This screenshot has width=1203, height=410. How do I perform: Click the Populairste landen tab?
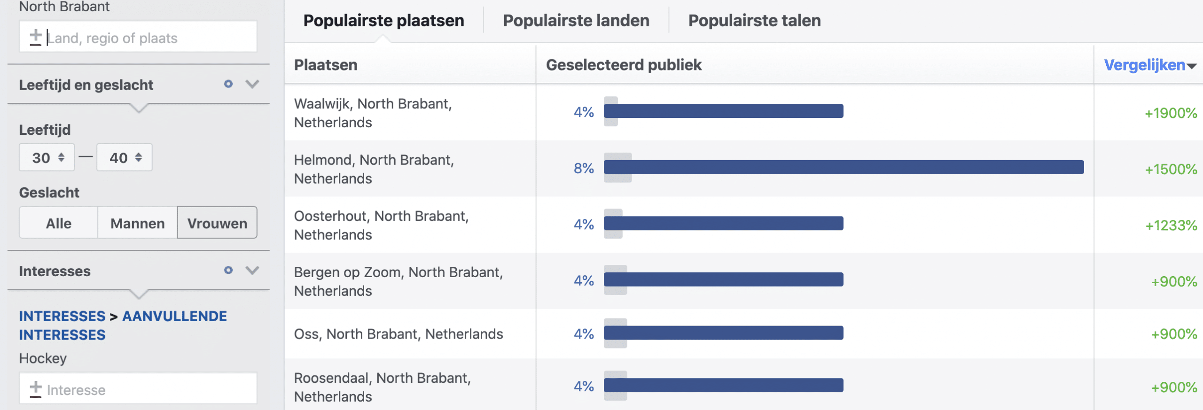click(576, 21)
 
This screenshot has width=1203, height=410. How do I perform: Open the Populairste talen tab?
click(754, 21)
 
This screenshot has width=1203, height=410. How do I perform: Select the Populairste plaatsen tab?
click(383, 21)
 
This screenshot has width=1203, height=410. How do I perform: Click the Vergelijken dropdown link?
click(1149, 65)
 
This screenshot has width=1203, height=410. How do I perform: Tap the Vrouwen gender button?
click(217, 223)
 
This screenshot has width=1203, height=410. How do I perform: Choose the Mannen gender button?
click(137, 223)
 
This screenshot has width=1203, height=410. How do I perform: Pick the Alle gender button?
click(59, 223)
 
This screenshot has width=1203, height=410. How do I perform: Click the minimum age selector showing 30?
click(47, 158)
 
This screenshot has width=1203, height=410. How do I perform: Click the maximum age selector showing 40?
click(125, 158)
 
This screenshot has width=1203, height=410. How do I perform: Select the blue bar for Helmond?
click(844, 167)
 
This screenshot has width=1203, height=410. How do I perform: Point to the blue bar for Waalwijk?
click(724, 111)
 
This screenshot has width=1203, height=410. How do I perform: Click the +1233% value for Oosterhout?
click(1171, 225)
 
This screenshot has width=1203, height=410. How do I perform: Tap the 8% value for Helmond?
click(584, 168)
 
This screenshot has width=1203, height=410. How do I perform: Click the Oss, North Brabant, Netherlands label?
click(398, 334)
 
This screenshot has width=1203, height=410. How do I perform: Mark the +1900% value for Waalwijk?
click(1171, 113)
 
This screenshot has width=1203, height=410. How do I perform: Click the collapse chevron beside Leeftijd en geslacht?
click(252, 85)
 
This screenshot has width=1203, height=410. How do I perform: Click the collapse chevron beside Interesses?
click(252, 271)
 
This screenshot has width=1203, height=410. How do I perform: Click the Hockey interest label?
click(43, 358)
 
